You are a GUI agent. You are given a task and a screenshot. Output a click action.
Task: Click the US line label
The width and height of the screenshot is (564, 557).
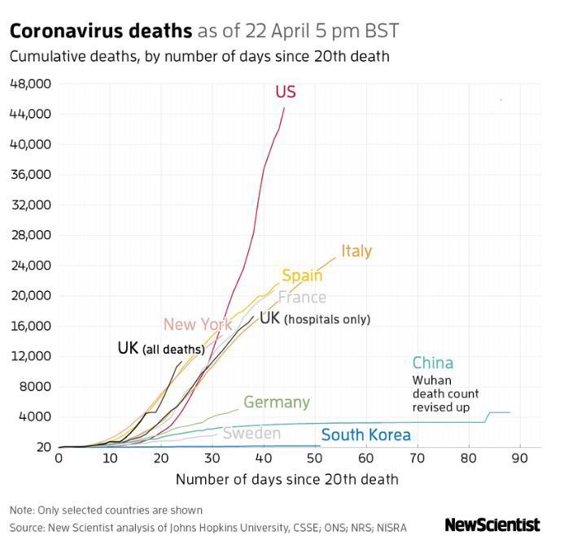(x=285, y=92)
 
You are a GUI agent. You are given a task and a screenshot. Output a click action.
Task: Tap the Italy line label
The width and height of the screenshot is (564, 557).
(x=356, y=250)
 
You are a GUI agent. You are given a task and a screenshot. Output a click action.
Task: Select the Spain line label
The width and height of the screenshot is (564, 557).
(x=302, y=276)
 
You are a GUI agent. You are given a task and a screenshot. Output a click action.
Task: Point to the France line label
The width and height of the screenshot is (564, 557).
(x=302, y=297)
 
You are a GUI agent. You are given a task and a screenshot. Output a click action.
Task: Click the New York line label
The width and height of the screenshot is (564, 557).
(x=198, y=324)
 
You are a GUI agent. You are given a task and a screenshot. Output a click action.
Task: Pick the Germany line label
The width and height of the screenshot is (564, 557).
(x=277, y=403)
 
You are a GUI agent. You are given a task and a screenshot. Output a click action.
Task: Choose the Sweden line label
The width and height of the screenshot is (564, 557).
(x=251, y=433)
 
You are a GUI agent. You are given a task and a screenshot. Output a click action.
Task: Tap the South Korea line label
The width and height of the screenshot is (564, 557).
(x=366, y=435)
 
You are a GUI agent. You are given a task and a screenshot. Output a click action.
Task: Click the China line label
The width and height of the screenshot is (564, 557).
(x=432, y=363)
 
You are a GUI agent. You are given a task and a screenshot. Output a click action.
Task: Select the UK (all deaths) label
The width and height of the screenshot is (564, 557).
(x=160, y=348)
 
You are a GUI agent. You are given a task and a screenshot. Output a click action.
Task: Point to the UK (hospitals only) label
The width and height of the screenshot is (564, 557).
(x=315, y=318)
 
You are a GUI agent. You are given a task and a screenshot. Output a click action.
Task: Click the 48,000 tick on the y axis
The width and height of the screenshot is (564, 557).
(x=30, y=84)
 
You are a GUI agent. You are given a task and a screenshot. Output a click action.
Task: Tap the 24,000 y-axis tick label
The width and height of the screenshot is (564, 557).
(x=30, y=265)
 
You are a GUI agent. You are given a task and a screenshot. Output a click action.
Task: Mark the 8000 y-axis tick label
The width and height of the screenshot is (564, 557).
(x=36, y=386)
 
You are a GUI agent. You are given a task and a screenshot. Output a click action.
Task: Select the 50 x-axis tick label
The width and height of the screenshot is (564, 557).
(x=314, y=459)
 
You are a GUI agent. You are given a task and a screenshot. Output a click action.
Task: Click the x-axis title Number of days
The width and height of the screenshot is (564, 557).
(x=286, y=479)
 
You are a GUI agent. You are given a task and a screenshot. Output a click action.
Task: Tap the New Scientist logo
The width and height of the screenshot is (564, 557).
(x=492, y=525)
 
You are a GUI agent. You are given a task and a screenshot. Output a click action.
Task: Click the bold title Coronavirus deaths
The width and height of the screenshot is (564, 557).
(x=101, y=32)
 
